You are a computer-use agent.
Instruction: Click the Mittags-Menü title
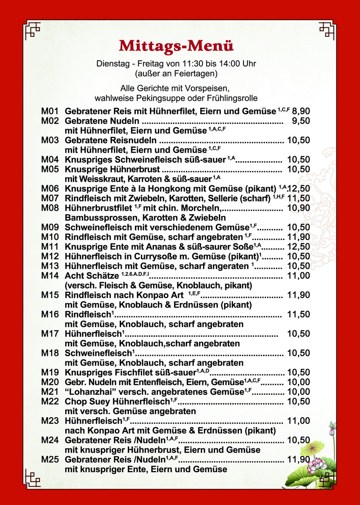176,46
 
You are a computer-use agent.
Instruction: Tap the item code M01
50,111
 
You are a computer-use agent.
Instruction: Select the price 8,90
301,111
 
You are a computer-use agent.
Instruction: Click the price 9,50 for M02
301,121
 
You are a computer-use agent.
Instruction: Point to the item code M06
50,189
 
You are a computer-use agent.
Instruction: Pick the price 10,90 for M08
299,208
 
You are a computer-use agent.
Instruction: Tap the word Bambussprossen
94,218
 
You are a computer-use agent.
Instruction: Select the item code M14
50,275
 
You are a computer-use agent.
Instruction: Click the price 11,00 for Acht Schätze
299,275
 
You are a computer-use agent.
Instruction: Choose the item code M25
50,460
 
